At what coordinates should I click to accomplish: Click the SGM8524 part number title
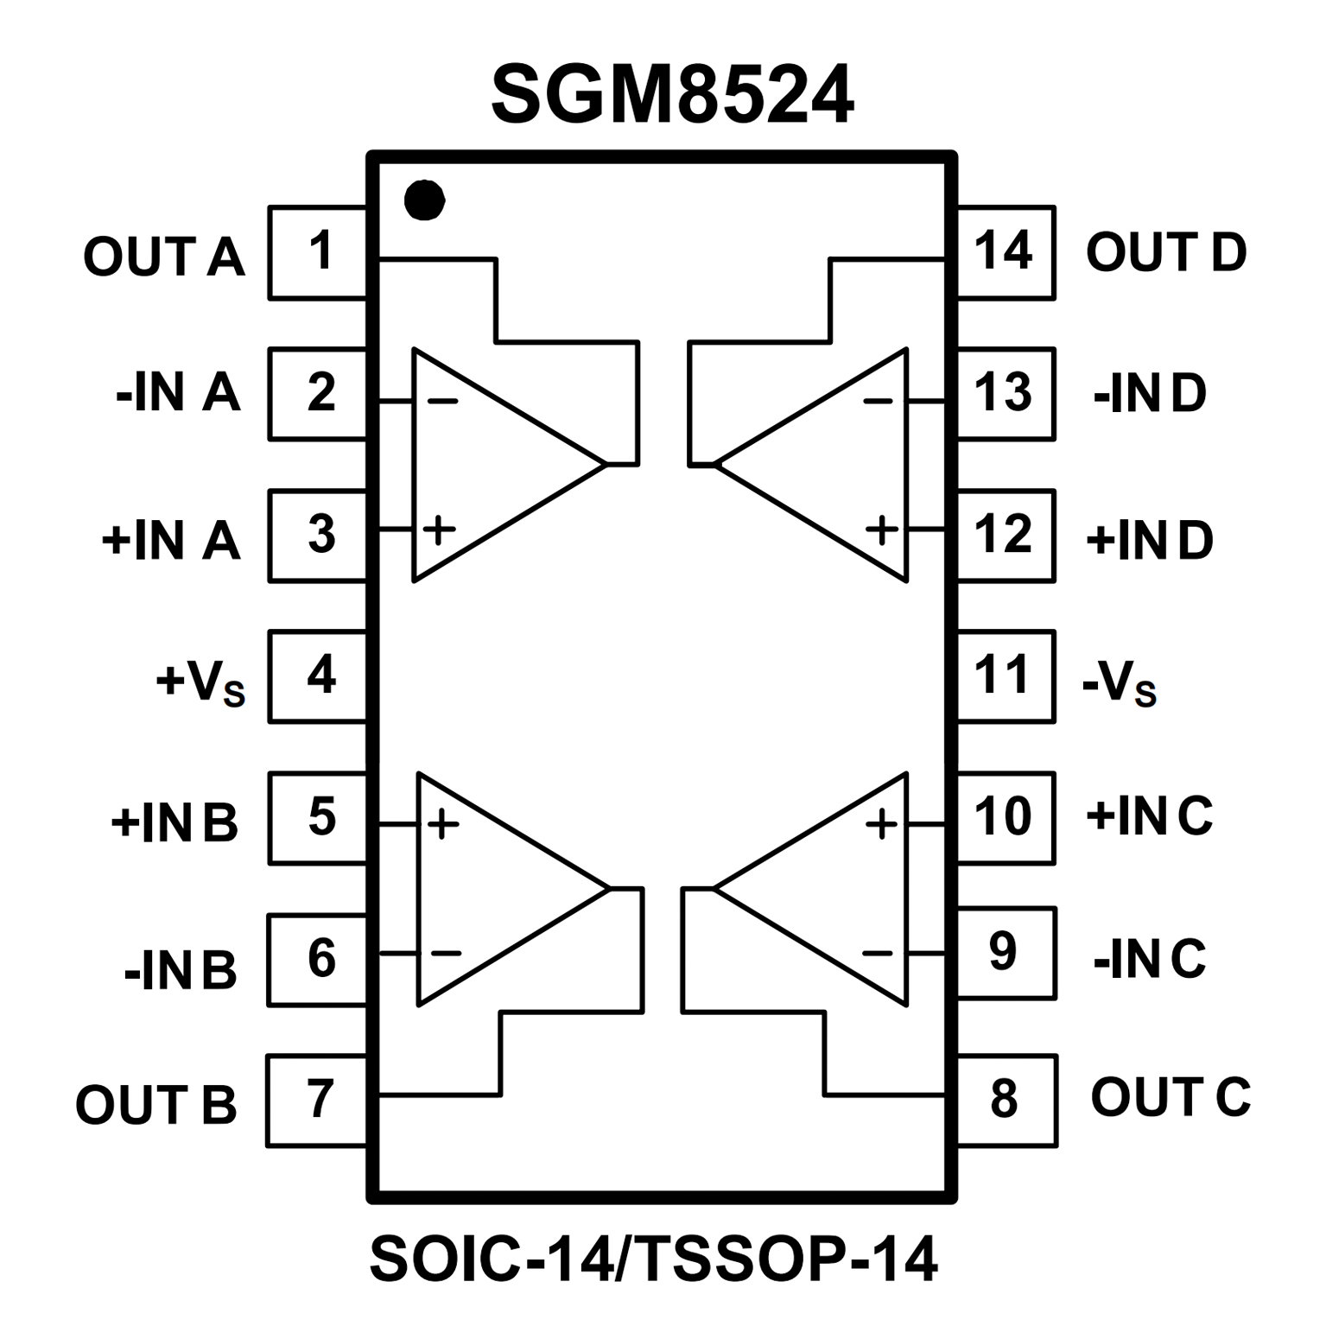[x=672, y=94]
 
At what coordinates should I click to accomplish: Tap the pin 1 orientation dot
[x=424, y=200]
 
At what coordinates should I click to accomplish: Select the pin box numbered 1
[x=318, y=252]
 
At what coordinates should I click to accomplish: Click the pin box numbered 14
[x=1006, y=252]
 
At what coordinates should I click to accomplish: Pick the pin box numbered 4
[x=318, y=676]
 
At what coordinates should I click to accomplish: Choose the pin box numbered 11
[x=1006, y=676]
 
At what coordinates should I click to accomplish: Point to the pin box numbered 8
[x=1006, y=1100]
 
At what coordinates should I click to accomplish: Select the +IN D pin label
[x=1149, y=540]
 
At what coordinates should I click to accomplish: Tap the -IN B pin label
[x=180, y=969]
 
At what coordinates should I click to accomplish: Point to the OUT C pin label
[x=1171, y=1097]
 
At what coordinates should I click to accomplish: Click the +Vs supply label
[x=200, y=683]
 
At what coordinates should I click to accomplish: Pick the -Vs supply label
[x=1119, y=683]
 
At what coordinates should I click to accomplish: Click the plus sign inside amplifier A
[x=439, y=528]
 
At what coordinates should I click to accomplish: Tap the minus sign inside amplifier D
[x=879, y=402]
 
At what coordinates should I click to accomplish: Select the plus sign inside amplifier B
[x=442, y=824]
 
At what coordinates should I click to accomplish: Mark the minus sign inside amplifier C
[x=878, y=953]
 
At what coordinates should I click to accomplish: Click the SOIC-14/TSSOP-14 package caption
[x=654, y=1259]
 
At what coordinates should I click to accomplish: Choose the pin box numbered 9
[x=1006, y=953]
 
